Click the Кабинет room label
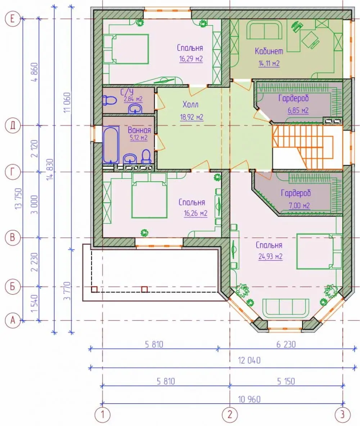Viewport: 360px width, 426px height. [x=269, y=51]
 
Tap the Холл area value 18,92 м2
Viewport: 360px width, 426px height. [x=192, y=117]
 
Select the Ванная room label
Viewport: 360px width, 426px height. [x=139, y=130]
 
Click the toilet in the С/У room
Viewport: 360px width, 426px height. [x=109, y=101]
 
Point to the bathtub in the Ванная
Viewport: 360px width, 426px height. [x=111, y=145]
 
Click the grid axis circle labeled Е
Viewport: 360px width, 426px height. [x=13, y=19]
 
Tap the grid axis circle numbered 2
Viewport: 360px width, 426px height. [x=230, y=414]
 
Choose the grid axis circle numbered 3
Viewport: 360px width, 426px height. [x=343, y=414]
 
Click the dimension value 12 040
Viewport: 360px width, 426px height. [x=249, y=360]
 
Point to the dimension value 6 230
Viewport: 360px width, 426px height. [x=286, y=345]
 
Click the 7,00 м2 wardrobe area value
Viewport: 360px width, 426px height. [x=299, y=206]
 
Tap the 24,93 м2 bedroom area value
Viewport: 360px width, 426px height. [x=270, y=257]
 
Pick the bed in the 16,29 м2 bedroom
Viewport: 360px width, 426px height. [x=126, y=49]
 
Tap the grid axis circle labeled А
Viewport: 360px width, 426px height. [x=13, y=321]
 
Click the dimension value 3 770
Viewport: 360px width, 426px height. [x=67, y=291]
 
